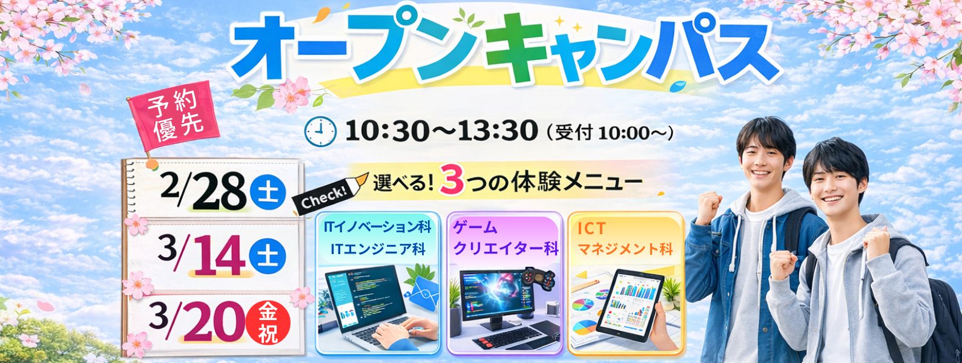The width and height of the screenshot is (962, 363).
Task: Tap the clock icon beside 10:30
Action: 320,132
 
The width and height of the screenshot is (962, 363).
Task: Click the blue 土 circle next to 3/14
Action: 268,257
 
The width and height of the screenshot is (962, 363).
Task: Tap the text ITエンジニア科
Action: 378,249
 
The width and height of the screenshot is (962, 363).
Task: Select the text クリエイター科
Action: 506,249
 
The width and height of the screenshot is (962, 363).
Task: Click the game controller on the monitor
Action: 538,281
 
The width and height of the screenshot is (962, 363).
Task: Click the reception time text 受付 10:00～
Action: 610,132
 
